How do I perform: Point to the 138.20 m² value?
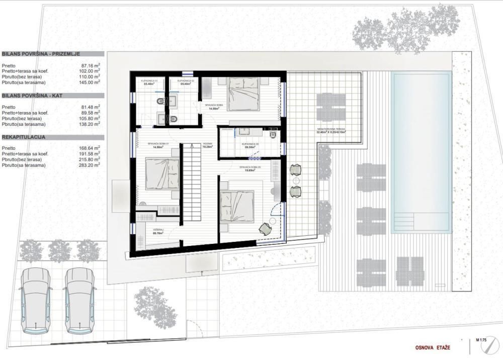coord(89,124)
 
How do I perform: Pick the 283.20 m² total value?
coord(89,165)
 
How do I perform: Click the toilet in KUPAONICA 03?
coord(274,134)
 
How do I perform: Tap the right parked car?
coord(80,301)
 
